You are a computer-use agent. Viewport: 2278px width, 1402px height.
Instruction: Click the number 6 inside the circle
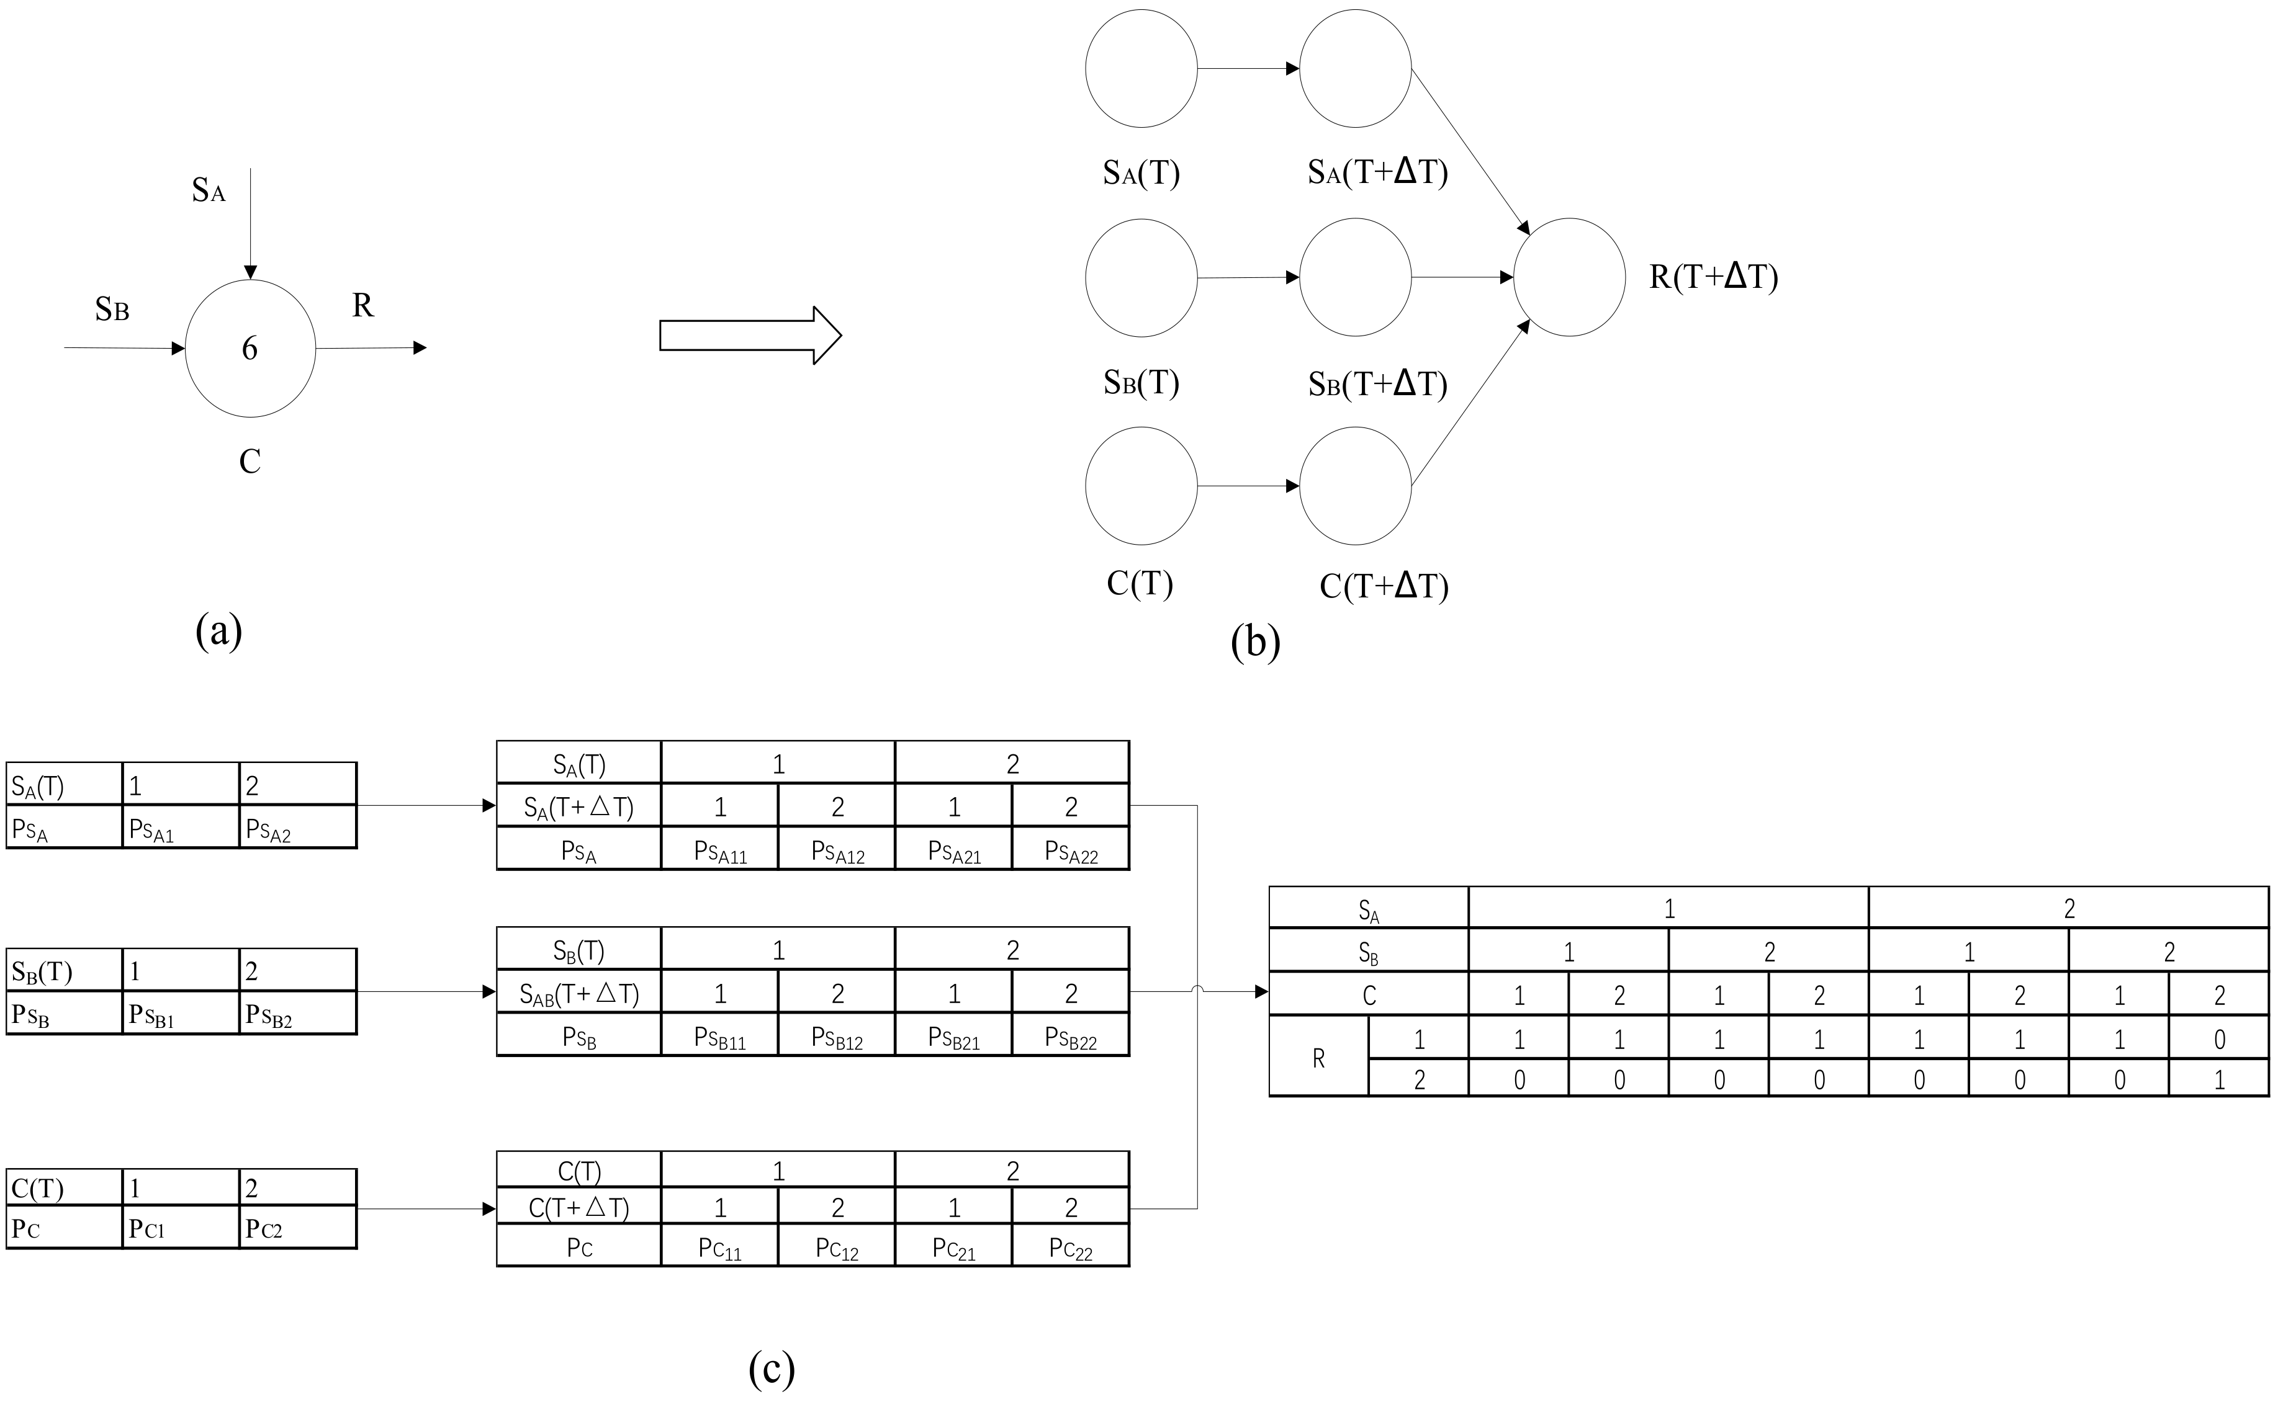pyautogui.click(x=250, y=349)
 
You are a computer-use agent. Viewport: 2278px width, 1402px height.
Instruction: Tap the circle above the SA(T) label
pyautogui.click(x=1141, y=69)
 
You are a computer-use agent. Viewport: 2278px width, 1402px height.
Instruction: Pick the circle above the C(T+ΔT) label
pyautogui.click(x=1355, y=486)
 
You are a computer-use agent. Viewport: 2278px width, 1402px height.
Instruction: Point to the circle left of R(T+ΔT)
pyautogui.click(x=1569, y=277)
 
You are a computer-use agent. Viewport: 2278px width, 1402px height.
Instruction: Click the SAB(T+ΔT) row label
pyautogui.click(x=579, y=994)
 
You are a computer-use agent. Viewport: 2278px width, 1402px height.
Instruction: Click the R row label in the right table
pyautogui.click(x=1318, y=1058)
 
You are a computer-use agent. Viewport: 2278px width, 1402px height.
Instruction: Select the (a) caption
pyautogui.click(x=219, y=630)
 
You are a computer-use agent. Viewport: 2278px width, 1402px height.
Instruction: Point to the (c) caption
pyautogui.click(x=772, y=1368)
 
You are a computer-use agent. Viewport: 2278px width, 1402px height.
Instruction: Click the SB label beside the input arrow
pyautogui.click(x=111, y=309)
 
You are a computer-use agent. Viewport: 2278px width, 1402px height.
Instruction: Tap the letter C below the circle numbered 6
pyautogui.click(x=250, y=461)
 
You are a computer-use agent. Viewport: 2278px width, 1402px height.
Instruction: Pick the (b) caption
pyautogui.click(x=1255, y=641)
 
